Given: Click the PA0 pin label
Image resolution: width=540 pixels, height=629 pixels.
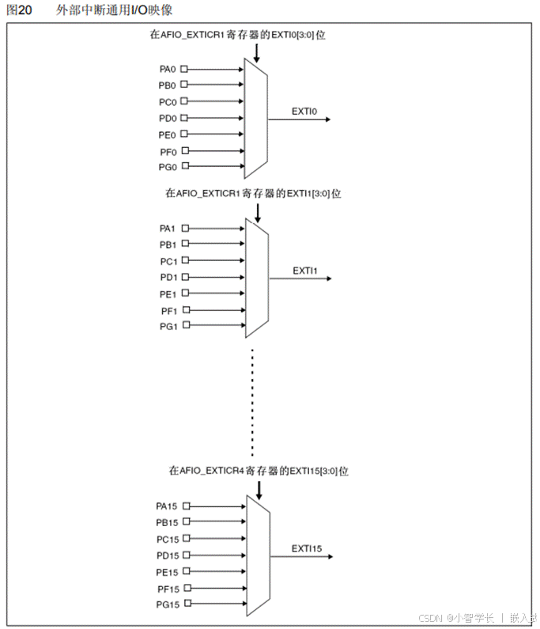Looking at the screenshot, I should [x=167, y=69].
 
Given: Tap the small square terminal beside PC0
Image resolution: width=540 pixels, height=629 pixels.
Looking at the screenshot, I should [x=184, y=102].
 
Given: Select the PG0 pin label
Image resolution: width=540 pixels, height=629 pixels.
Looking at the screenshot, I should [x=167, y=167].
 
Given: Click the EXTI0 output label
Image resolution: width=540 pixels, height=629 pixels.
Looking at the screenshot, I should [x=304, y=112].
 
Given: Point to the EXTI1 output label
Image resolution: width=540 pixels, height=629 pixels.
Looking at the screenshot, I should [x=304, y=271].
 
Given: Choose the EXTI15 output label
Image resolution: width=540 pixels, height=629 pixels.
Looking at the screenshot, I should [x=306, y=548].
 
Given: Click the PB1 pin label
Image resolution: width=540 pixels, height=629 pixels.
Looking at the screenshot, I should [x=167, y=244].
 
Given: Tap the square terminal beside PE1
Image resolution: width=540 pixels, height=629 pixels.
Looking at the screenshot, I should [x=185, y=294].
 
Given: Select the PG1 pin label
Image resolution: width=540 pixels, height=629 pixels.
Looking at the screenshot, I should [x=167, y=326].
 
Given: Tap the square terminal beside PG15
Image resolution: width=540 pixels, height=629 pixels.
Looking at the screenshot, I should [x=187, y=604].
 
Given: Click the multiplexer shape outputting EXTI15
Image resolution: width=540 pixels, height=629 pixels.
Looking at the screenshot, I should [x=259, y=555].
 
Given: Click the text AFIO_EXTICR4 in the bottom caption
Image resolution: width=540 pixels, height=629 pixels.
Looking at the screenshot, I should [x=212, y=470].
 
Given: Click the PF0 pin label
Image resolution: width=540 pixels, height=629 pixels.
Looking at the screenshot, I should [x=167, y=151].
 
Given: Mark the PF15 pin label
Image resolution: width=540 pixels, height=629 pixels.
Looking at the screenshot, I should [x=168, y=588].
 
